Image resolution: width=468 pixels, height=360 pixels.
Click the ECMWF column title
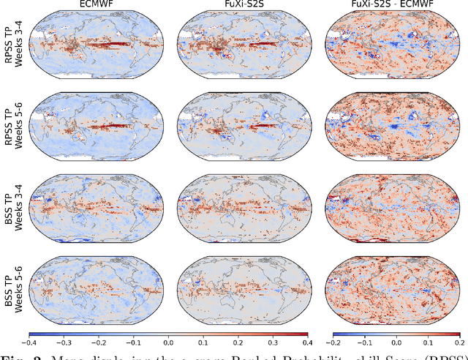[96, 6]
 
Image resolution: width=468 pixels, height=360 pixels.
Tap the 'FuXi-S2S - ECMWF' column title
[391, 6]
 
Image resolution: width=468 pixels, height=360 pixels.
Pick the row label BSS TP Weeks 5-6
[12, 277]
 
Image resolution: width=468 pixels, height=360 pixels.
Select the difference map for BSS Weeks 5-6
[391, 277]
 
